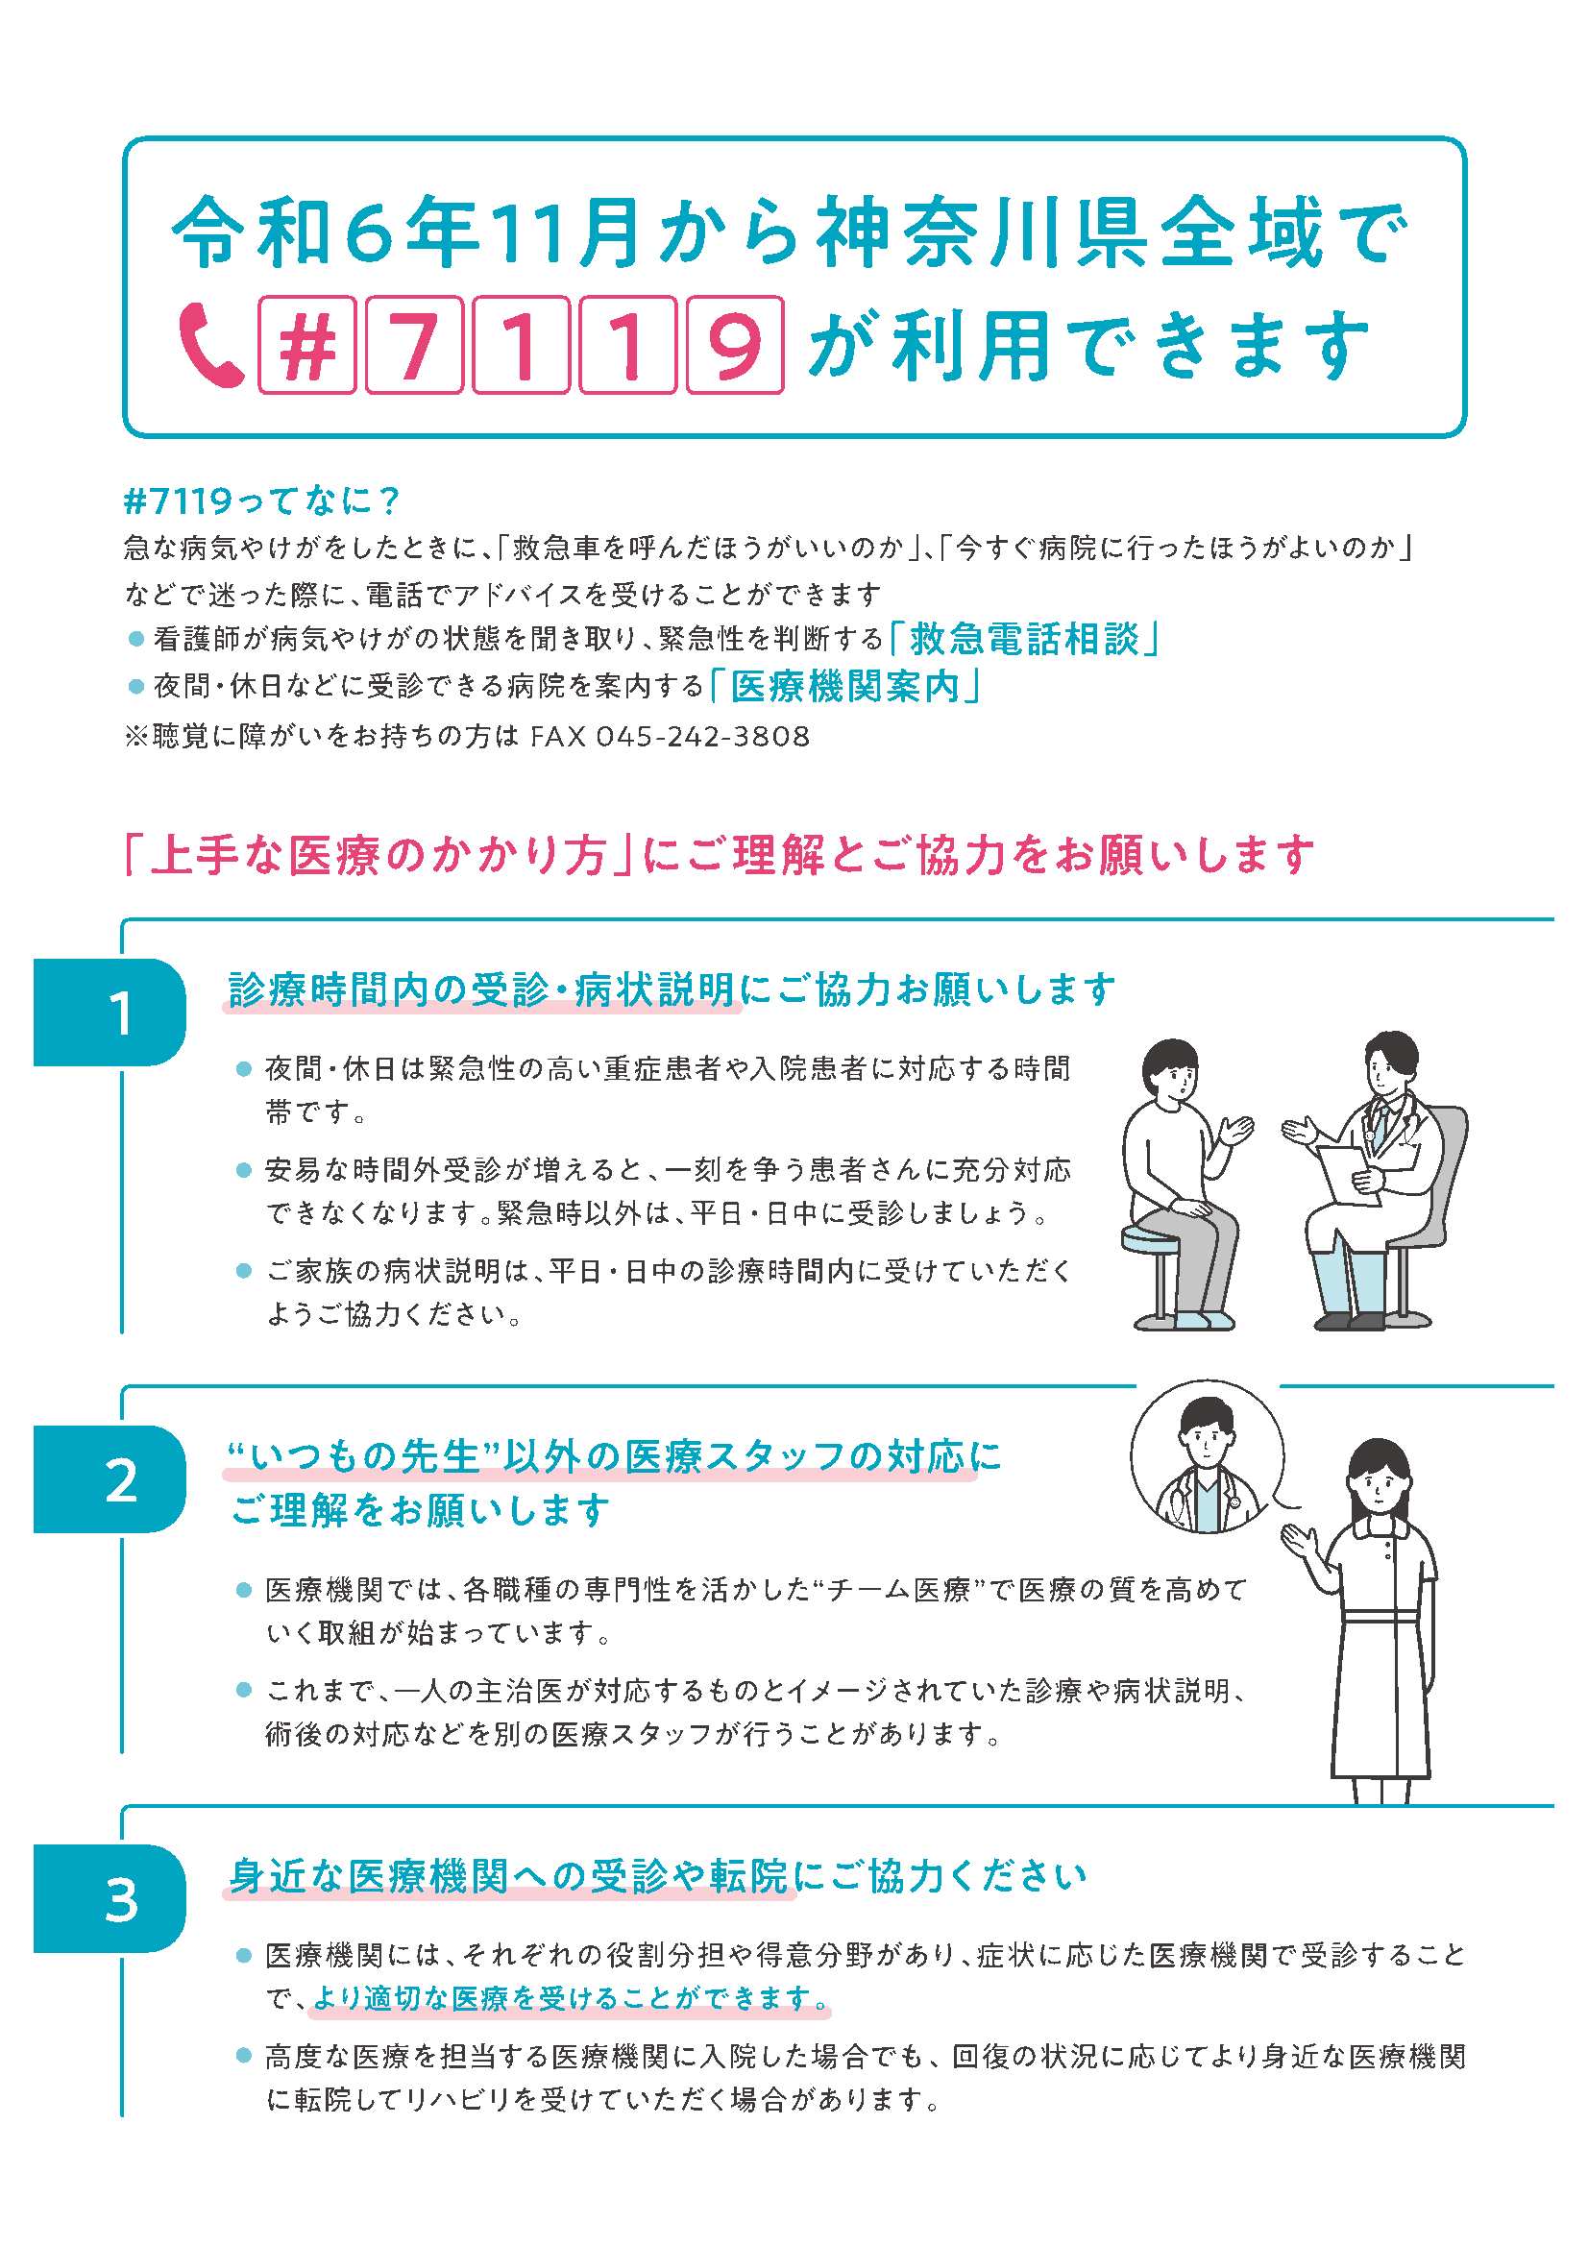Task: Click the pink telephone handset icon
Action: click(209, 344)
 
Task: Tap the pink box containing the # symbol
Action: click(306, 344)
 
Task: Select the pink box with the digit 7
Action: click(413, 344)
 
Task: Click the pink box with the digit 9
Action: click(734, 344)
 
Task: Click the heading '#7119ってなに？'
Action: click(262, 500)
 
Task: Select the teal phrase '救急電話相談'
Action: click(1024, 640)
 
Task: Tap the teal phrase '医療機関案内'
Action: click(844, 687)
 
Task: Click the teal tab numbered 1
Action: click(110, 1012)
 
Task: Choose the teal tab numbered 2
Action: click(110, 1479)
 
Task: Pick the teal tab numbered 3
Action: click(110, 1899)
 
